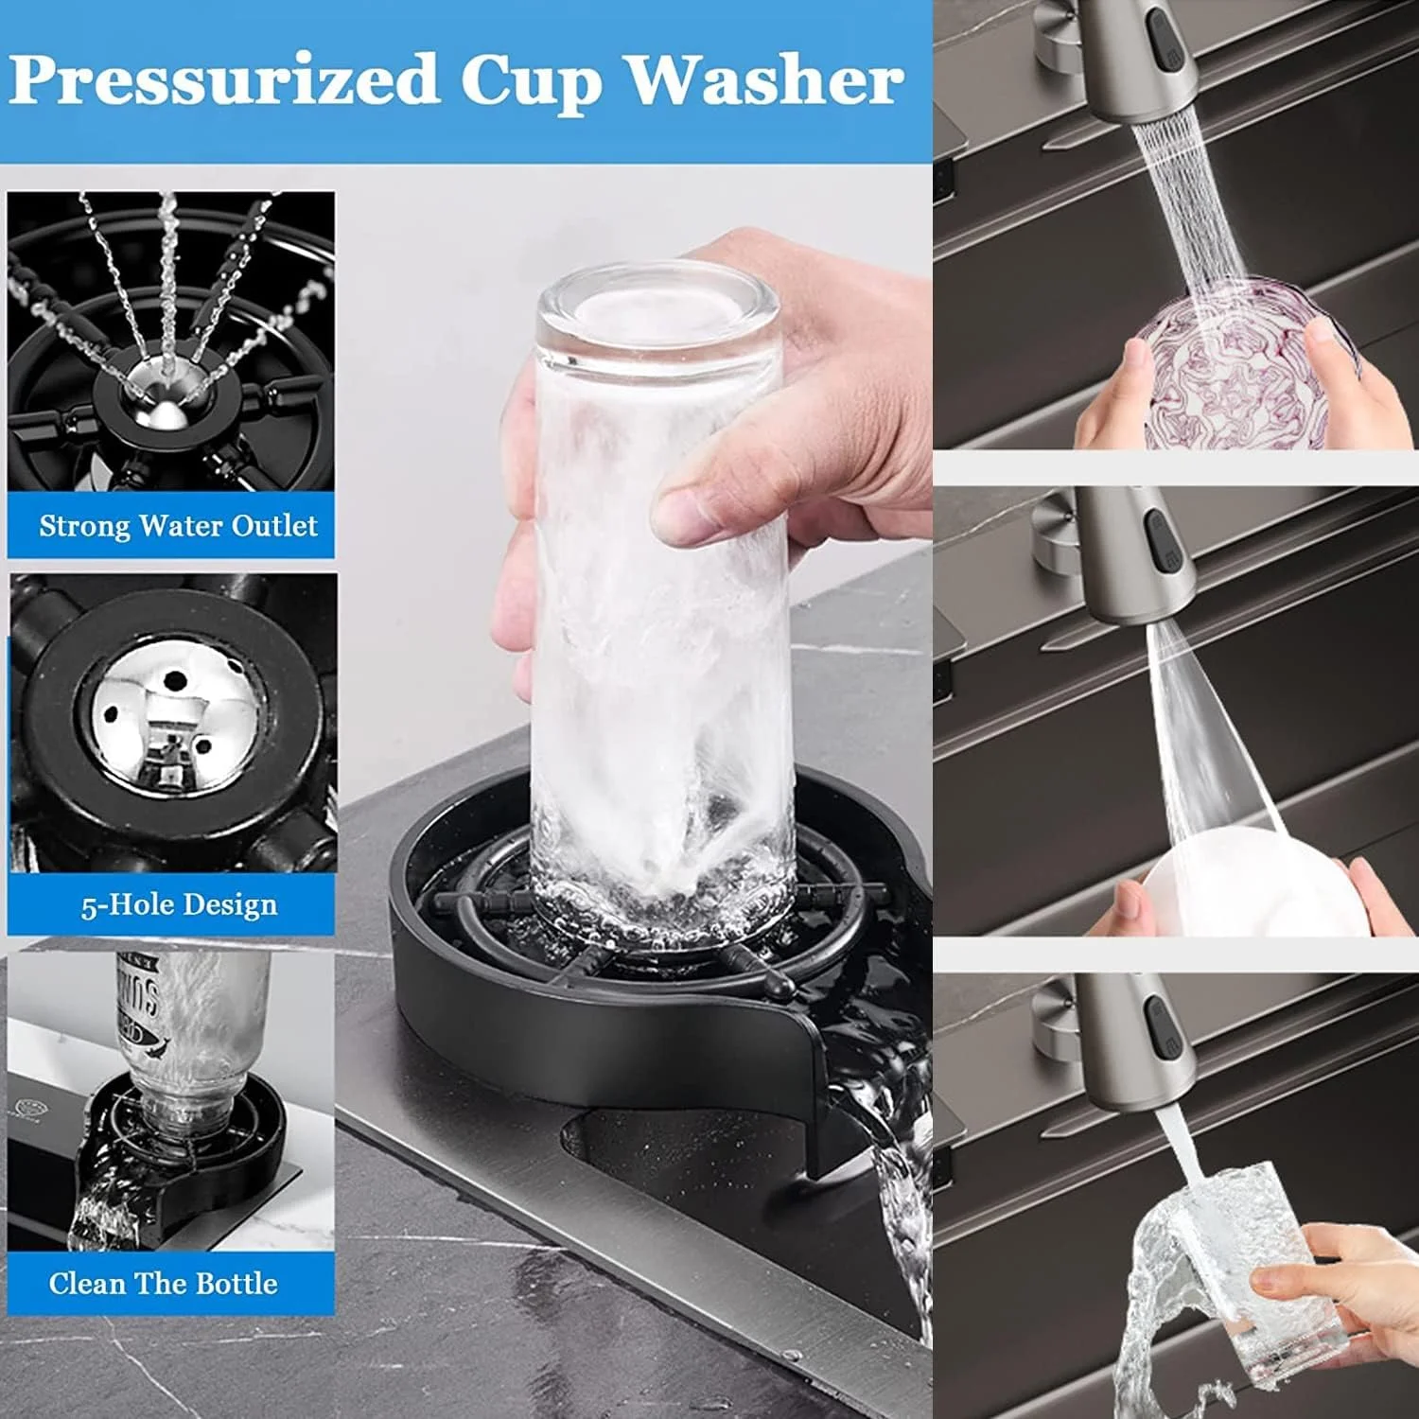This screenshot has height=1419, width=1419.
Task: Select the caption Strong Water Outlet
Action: [178, 526]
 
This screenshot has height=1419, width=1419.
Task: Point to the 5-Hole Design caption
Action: [179, 905]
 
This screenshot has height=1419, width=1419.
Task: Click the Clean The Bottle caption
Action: [164, 1284]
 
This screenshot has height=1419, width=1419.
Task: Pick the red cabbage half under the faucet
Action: [1244, 364]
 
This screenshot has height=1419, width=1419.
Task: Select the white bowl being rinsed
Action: [1249, 885]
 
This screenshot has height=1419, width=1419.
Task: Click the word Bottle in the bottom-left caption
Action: [237, 1284]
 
